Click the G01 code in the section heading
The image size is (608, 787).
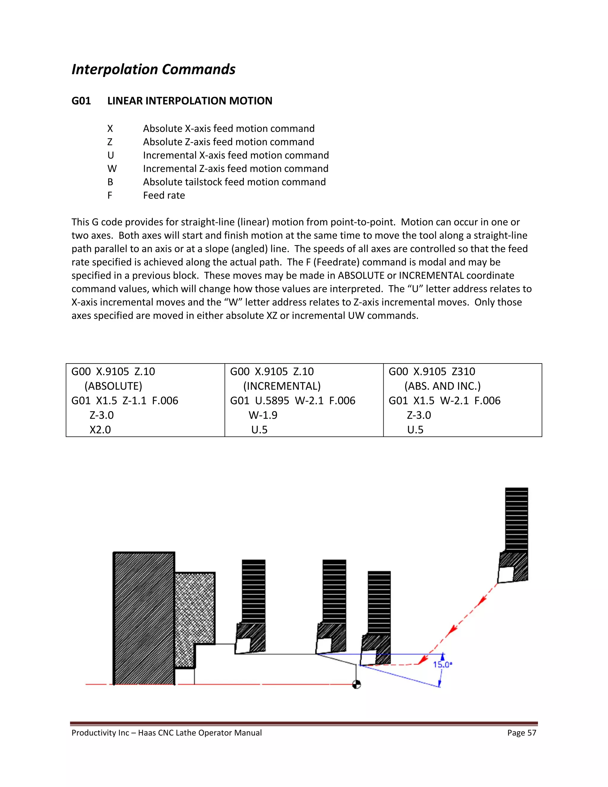81,101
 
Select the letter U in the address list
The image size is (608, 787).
110,155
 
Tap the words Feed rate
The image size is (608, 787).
164,195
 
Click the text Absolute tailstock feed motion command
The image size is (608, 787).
234,182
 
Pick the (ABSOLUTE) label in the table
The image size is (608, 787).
113,386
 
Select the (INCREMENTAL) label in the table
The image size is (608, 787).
282,386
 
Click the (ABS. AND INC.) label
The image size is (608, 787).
442,386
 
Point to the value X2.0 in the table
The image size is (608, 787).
100,429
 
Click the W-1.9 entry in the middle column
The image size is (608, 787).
263,415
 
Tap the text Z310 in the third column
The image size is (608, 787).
463,372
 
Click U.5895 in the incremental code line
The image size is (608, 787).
272,401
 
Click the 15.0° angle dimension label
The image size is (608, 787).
442,664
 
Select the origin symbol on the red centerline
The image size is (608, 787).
356,684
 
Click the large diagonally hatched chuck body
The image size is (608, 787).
144,618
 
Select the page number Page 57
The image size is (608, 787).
522,733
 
